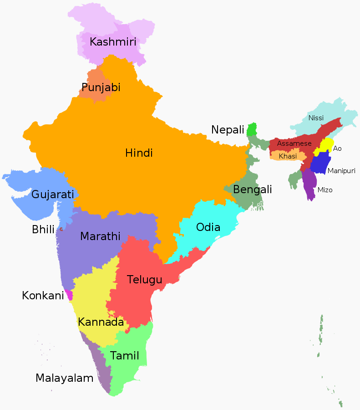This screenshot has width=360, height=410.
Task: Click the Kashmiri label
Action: click(113, 42)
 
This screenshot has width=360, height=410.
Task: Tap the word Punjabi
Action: click(101, 87)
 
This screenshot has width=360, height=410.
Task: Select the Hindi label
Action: click(139, 153)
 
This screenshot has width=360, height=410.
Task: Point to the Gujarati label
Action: click(52, 195)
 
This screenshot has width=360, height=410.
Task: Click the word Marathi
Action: click(100, 236)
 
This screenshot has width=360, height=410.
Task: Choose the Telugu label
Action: click(144, 279)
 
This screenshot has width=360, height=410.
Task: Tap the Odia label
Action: click(208, 227)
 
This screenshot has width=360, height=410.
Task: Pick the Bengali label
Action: click(253, 189)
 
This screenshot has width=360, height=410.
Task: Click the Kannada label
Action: click(101, 322)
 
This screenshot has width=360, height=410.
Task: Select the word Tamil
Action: click(124, 355)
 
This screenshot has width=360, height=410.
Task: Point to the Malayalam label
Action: click(64, 378)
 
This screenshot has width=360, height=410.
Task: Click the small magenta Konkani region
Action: click(69, 295)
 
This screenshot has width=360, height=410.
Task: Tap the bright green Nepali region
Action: click(252, 129)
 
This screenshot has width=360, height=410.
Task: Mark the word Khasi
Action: click(288, 156)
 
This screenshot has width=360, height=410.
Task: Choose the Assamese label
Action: click(294, 143)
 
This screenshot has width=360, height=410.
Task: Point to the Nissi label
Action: click(316, 118)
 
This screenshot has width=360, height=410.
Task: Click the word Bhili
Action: click(43, 230)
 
